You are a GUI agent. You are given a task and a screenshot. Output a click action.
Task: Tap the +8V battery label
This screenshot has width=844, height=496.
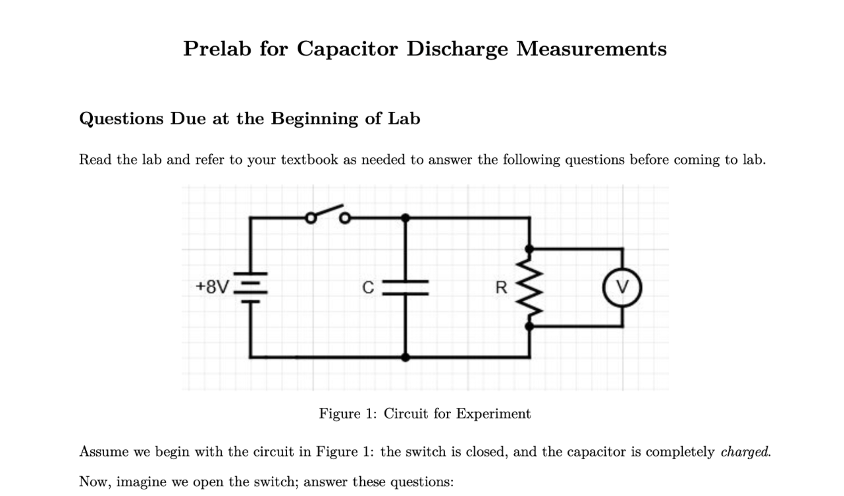213,287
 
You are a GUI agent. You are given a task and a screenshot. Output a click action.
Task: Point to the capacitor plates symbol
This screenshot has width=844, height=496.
406,287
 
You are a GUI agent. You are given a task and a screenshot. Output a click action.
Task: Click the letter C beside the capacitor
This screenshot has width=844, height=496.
369,287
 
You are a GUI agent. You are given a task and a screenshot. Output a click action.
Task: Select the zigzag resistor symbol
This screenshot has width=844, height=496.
530,287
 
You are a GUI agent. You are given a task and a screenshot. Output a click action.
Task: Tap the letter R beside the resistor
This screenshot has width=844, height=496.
501,287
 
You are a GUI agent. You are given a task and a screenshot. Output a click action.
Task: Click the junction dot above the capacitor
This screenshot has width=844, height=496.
406,217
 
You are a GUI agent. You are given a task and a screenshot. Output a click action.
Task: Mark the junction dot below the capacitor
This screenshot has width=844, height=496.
406,357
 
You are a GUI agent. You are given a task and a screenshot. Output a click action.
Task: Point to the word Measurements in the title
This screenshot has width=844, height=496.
591,49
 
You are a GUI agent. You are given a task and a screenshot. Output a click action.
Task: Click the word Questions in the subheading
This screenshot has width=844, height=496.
121,119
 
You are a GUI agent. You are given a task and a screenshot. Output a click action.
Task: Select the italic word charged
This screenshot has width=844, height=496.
746,453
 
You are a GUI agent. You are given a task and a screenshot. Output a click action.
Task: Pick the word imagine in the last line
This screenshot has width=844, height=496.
142,482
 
